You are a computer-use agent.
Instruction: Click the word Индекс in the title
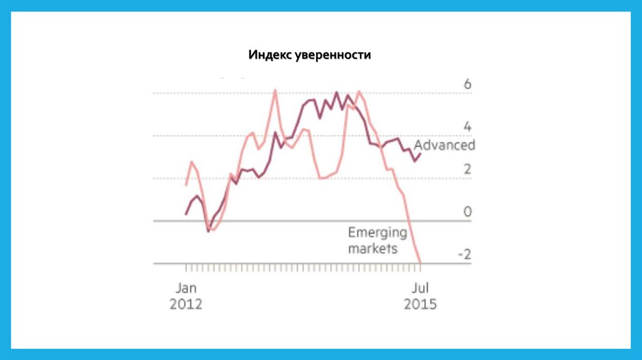[x=269, y=55]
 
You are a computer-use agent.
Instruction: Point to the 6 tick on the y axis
[x=466, y=85]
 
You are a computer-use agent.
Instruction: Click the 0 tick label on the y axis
[x=466, y=212]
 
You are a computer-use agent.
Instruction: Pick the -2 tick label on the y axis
[x=464, y=255]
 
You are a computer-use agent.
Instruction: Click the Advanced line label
[x=445, y=145]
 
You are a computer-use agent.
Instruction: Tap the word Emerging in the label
[x=377, y=233]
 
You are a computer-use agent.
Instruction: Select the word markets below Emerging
[x=372, y=248]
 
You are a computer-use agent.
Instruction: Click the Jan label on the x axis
[x=186, y=288]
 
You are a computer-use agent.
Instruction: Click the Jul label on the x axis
[x=420, y=288]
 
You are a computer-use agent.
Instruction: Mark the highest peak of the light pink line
[x=275, y=90]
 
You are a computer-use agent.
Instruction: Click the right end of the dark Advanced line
[x=420, y=154]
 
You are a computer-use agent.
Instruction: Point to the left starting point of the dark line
[x=186, y=214]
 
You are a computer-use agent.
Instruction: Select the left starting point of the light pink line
[x=186, y=185]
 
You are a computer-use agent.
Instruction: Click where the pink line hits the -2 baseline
[x=419, y=263]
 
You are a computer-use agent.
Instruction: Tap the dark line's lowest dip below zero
[x=208, y=231]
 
